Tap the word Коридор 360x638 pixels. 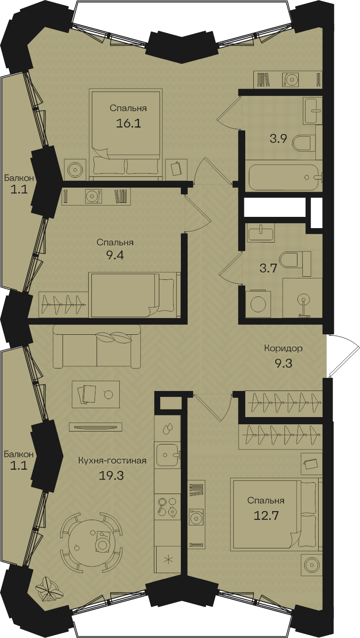pyautogui.click(x=283, y=348)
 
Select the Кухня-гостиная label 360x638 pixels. pyautogui.click(x=112, y=461)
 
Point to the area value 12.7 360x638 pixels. pyautogui.click(x=266, y=516)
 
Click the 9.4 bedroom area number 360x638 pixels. pyautogui.click(x=115, y=255)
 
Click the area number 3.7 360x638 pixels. pyautogui.click(x=268, y=268)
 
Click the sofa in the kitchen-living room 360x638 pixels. pyautogui.click(x=97, y=346)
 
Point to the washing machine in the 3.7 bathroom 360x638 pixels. pyautogui.click(x=259, y=304)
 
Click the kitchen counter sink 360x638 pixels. pyautogui.click(x=167, y=455)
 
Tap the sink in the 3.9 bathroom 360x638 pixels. pyautogui.click(x=312, y=111)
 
